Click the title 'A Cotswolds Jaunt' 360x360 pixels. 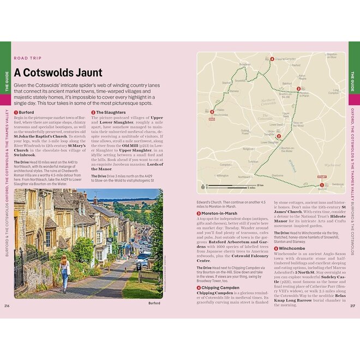click(x=58, y=73)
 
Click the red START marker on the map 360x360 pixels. click(x=321, y=177)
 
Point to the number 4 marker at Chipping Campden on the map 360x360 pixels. click(x=272, y=59)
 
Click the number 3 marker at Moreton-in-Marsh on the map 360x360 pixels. click(x=298, y=89)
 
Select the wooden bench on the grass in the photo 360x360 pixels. click(x=149, y=276)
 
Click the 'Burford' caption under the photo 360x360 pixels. click(x=154, y=303)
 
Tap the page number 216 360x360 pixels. click(x=7, y=305)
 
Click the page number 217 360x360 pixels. click(x=353, y=305)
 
